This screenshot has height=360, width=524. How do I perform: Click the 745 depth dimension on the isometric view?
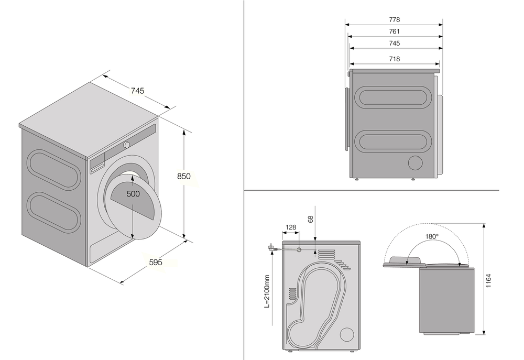[137, 91]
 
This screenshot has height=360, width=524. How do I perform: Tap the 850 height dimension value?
[183, 176]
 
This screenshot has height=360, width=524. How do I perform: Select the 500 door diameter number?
[133, 193]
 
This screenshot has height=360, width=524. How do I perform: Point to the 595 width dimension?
[155, 262]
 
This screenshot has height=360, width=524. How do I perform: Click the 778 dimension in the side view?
[395, 20]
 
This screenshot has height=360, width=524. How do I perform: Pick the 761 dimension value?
[395, 31]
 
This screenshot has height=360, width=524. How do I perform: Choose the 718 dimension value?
[395, 59]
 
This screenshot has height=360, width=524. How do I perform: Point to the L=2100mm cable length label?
[267, 291]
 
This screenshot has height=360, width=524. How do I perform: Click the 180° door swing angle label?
[431, 236]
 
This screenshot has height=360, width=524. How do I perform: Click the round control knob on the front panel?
[127, 145]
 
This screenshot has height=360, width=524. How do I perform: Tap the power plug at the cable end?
[271, 248]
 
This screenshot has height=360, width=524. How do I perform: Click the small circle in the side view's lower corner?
[416, 163]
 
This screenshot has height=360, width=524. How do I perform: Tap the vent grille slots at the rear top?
[325, 254]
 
